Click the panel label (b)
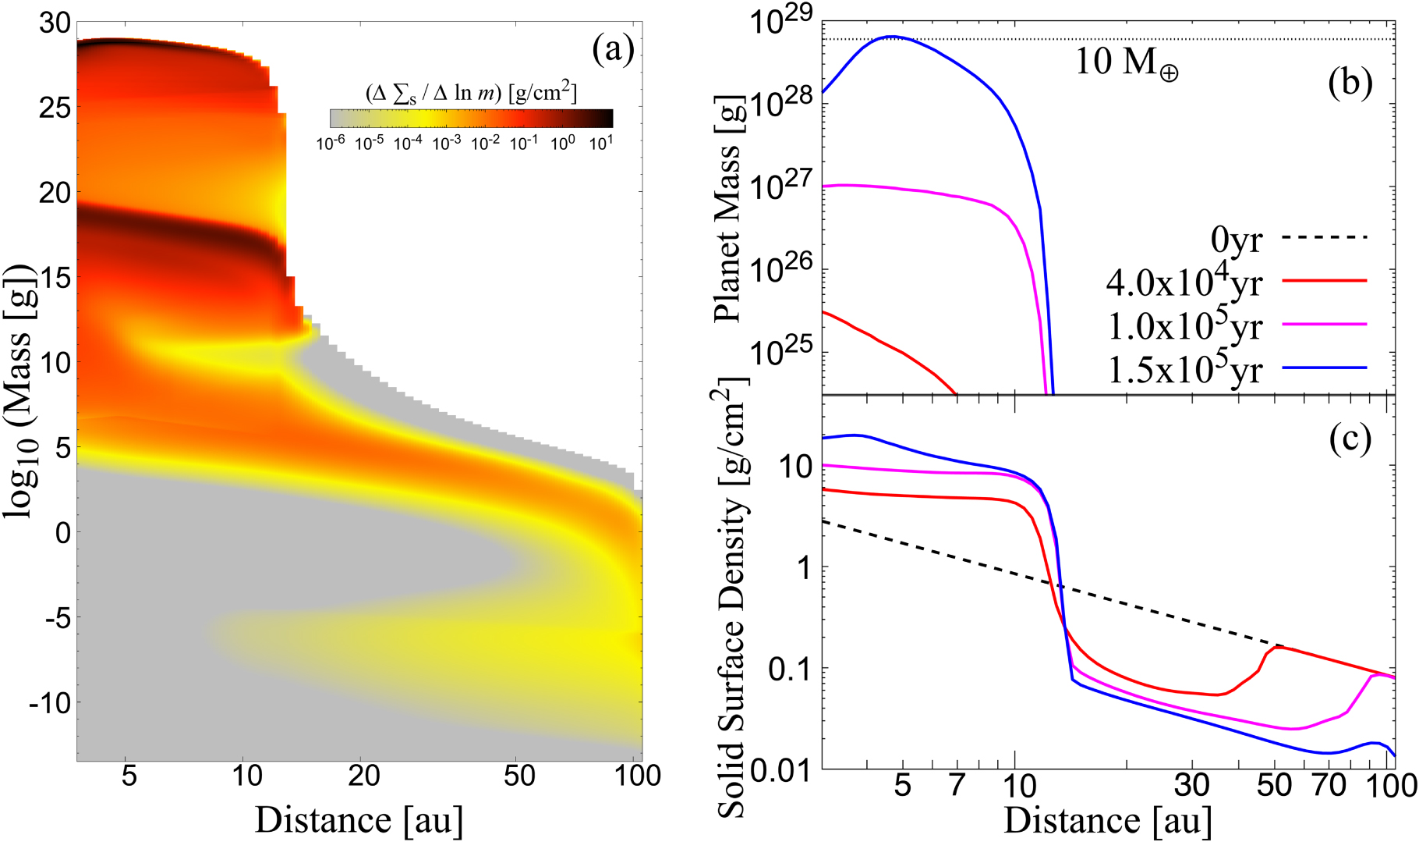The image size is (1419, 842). pos(1350,83)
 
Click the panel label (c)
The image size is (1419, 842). pos(1350,439)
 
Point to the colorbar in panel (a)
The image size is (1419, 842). pos(471,118)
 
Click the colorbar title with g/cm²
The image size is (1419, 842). pos(471,92)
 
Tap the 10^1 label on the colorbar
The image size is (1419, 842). pos(600,143)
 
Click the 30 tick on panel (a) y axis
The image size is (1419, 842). pos(55,23)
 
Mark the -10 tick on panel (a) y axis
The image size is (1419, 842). pos(50,704)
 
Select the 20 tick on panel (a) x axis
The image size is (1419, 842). pos(363,776)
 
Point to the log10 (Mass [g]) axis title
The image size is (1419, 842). pos(19,390)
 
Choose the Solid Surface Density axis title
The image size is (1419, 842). pos(731,597)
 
